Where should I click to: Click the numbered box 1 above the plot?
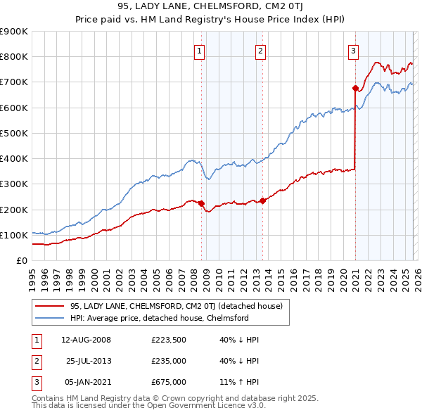pyautogui.click(x=200, y=51)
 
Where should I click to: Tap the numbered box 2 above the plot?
pyautogui.click(x=260, y=51)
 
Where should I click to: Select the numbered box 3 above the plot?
pyautogui.click(x=352, y=51)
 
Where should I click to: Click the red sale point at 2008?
pyautogui.click(x=202, y=203)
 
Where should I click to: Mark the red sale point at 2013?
pyautogui.click(x=262, y=200)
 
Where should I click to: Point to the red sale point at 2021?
pyautogui.click(x=355, y=88)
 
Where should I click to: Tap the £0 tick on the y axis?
pyautogui.click(x=21, y=260)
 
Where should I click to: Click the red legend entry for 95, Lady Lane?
pyautogui.click(x=176, y=306)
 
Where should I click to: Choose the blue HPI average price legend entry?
pyautogui.click(x=160, y=318)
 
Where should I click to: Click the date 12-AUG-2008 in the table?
pyautogui.click(x=86, y=340)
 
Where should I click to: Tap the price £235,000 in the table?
pyautogui.click(x=168, y=361)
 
